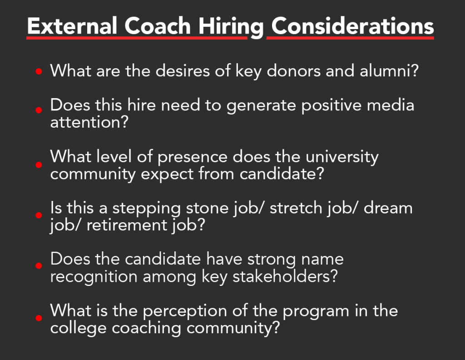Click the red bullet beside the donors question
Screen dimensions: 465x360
pos(39,71)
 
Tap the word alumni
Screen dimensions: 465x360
pos(389,71)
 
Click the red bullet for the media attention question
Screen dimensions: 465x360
pos(39,110)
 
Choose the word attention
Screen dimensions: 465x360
pos(89,122)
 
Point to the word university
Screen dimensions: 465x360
pos(342,157)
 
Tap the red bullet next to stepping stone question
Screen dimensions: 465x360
pos(39,215)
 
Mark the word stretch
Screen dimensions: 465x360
pos(296,208)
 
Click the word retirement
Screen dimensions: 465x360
pos(127,225)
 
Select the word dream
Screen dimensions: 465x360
pos(388,208)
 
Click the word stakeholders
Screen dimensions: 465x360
pos(285,277)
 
